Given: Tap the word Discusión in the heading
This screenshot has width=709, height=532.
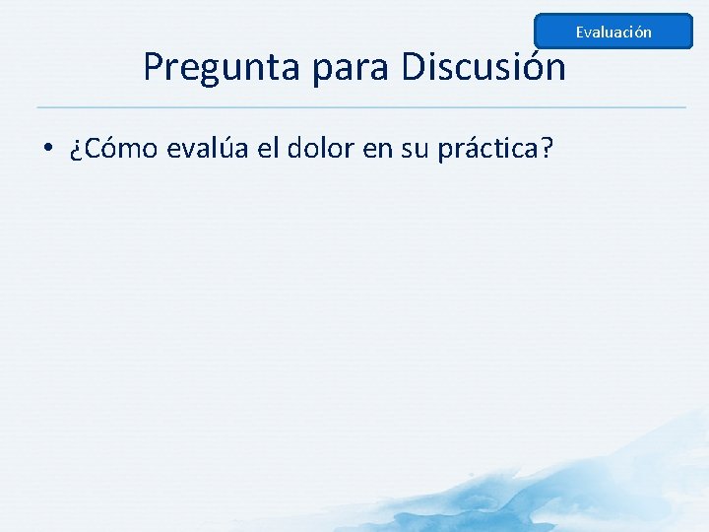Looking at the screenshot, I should click(x=483, y=68).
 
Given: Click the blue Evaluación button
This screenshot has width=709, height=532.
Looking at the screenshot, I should click(x=613, y=32).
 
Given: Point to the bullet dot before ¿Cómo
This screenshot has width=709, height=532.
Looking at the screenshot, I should click(x=47, y=150).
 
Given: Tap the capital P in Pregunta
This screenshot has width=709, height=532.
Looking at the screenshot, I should click(x=154, y=67).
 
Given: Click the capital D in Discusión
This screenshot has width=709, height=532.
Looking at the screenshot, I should click(x=414, y=67).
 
